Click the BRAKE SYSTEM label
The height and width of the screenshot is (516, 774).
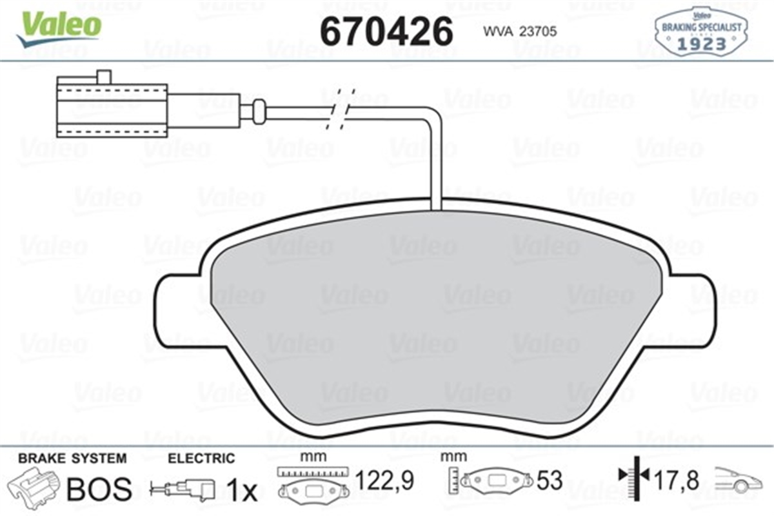click(x=72, y=459)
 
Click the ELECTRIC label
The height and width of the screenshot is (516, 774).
click(x=201, y=459)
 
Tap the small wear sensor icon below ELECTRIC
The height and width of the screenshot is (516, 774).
click(x=184, y=489)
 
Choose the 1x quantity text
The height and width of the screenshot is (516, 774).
click(x=243, y=491)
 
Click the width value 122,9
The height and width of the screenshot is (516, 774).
click(x=384, y=481)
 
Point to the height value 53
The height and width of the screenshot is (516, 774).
click(x=549, y=481)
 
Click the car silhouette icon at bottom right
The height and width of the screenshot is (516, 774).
click(x=740, y=481)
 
